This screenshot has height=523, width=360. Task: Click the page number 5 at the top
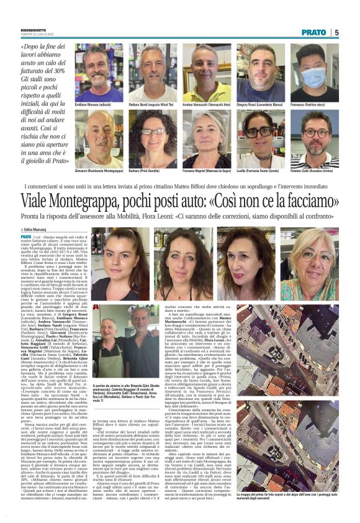click(x=336, y=32)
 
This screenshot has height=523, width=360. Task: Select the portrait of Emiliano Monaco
click(x=99, y=71)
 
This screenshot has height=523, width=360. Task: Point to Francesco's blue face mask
click(x=314, y=78)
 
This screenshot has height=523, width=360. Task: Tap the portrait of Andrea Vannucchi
click(x=207, y=71)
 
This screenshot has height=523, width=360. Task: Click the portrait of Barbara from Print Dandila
click(x=153, y=138)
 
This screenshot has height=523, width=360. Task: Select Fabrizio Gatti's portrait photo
click(x=315, y=138)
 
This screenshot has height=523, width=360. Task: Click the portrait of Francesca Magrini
click(x=207, y=138)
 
